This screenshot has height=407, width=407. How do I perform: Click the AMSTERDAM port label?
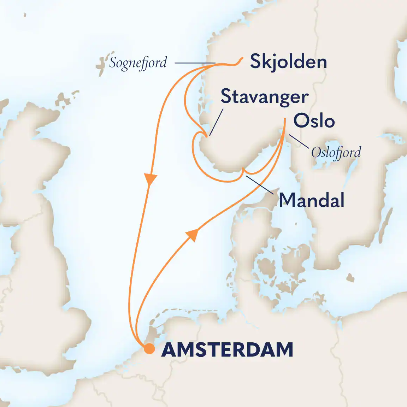(227, 350)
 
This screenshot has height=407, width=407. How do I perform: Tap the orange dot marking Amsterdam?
(149, 349)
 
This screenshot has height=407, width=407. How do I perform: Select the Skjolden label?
(288, 62)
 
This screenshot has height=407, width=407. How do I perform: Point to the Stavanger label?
(265, 97)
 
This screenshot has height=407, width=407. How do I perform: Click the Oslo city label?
(314, 121)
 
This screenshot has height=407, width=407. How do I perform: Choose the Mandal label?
(312, 200)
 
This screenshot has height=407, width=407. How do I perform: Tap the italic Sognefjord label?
(138, 63)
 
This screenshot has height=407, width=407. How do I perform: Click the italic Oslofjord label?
(336, 153)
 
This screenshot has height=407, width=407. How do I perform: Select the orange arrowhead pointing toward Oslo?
(192, 234)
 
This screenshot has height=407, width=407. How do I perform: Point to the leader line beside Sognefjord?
(195, 63)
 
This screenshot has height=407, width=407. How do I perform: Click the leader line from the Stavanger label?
(216, 122)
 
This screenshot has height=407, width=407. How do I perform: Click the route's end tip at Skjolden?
(242, 58)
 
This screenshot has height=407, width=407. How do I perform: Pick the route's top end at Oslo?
(285, 119)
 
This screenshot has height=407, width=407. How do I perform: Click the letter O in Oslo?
(301, 121)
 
